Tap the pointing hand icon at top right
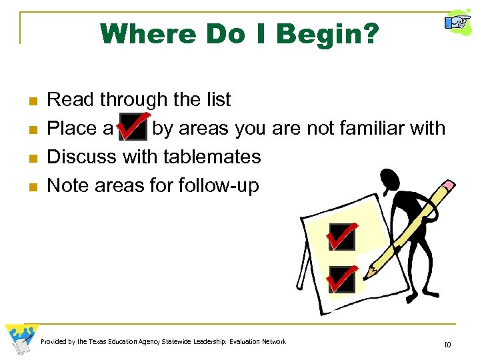(458, 23)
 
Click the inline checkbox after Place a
(132, 127)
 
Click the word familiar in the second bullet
(361, 128)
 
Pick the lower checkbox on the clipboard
(341, 279)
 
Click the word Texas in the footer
(98, 342)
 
